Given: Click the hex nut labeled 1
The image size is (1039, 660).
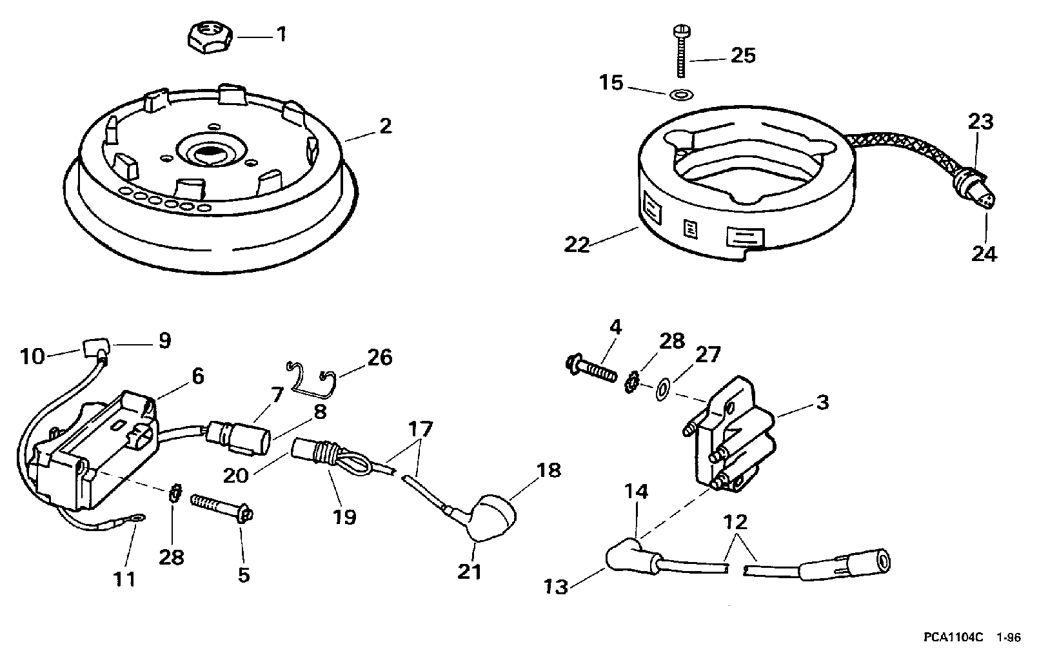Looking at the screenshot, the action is click(x=212, y=39).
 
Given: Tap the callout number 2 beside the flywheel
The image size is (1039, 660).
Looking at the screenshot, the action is click(x=385, y=126).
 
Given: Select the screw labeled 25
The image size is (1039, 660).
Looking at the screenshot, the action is click(x=681, y=52).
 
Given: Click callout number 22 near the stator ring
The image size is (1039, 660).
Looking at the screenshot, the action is click(x=577, y=244).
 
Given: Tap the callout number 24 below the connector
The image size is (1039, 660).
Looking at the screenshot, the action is click(x=984, y=254).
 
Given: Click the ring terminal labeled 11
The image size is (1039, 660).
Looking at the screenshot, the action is click(x=137, y=518).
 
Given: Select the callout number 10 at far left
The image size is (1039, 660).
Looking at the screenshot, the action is click(x=32, y=357).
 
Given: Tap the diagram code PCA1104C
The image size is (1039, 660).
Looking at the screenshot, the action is click(x=953, y=637).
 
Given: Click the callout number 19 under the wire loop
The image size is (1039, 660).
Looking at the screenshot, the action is click(x=344, y=516).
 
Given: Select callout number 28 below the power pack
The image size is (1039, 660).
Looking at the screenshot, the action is click(x=171, y=557).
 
